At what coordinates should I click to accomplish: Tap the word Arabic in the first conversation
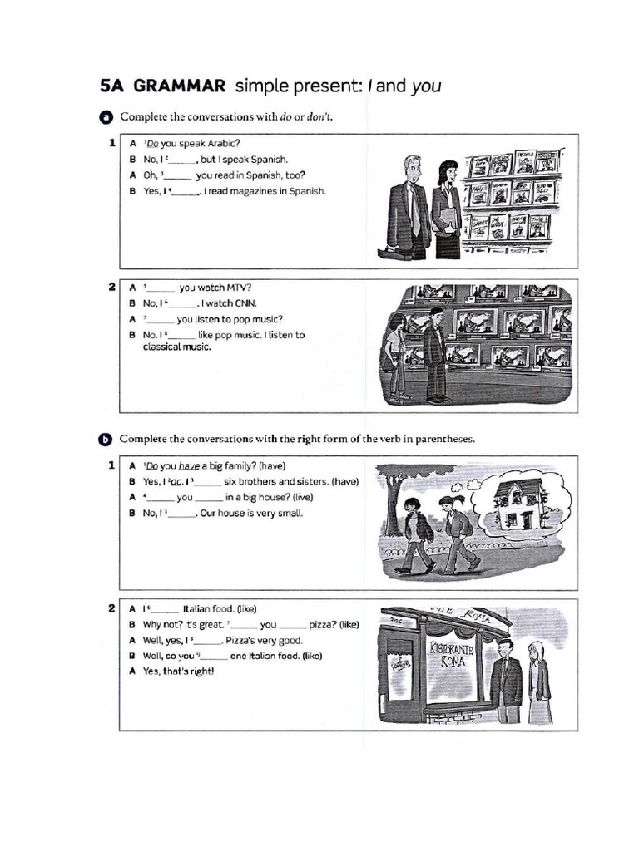pos(220,143)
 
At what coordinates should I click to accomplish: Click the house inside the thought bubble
pos(517,504)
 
